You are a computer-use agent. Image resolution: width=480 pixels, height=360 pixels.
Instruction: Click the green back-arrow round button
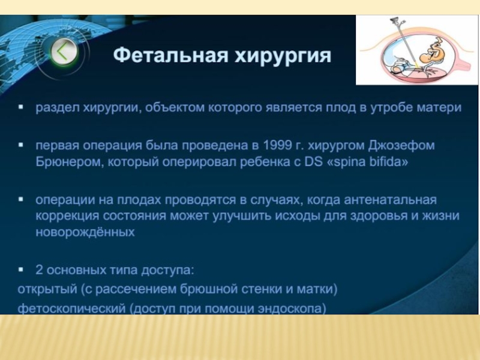coord(64,52)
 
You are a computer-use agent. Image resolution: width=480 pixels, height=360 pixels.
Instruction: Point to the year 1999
coord(277,145)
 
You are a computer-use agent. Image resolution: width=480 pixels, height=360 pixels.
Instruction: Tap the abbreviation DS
coord(313,161)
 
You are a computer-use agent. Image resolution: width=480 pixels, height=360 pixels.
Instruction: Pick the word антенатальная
coord(391,200)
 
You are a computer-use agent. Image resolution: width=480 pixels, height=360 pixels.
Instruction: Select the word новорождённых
coord(85,232)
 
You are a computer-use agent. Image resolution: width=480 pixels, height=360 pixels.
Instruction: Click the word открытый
coord(47,289)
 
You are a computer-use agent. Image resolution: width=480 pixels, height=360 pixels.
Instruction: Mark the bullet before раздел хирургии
coord(21,107)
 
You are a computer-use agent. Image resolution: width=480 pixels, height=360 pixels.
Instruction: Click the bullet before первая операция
coord(21,145)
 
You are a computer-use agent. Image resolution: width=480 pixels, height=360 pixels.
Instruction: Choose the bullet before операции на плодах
coord(21,199)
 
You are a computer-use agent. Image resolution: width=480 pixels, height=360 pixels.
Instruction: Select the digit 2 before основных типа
coord(39,269)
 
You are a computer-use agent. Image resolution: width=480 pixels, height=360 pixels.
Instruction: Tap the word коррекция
coord(67,216)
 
